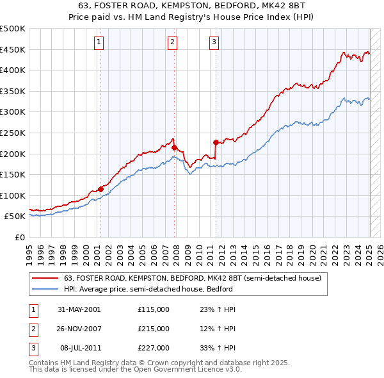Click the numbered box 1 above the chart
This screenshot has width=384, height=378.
[x=100, y=43]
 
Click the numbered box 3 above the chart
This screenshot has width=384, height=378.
[x=214, y=43]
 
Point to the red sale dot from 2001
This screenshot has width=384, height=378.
[x=100, y=189]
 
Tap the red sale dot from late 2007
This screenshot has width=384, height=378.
[x=174, y=147]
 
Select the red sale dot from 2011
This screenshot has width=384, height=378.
[x=216, y=142]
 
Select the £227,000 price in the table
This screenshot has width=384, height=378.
[x=154, y=348]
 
